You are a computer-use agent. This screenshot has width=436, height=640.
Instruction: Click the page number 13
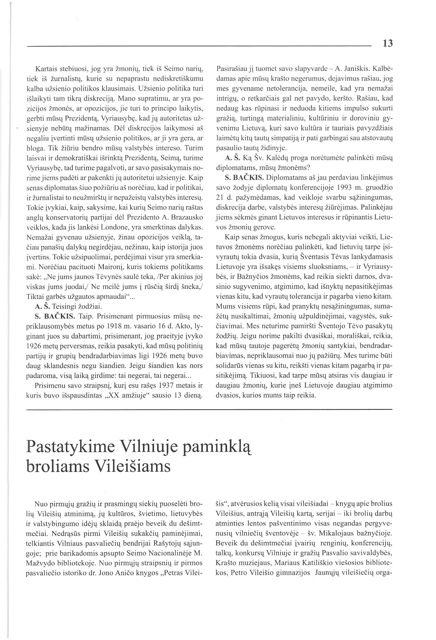pyautogui.click(x=387, y=43)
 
